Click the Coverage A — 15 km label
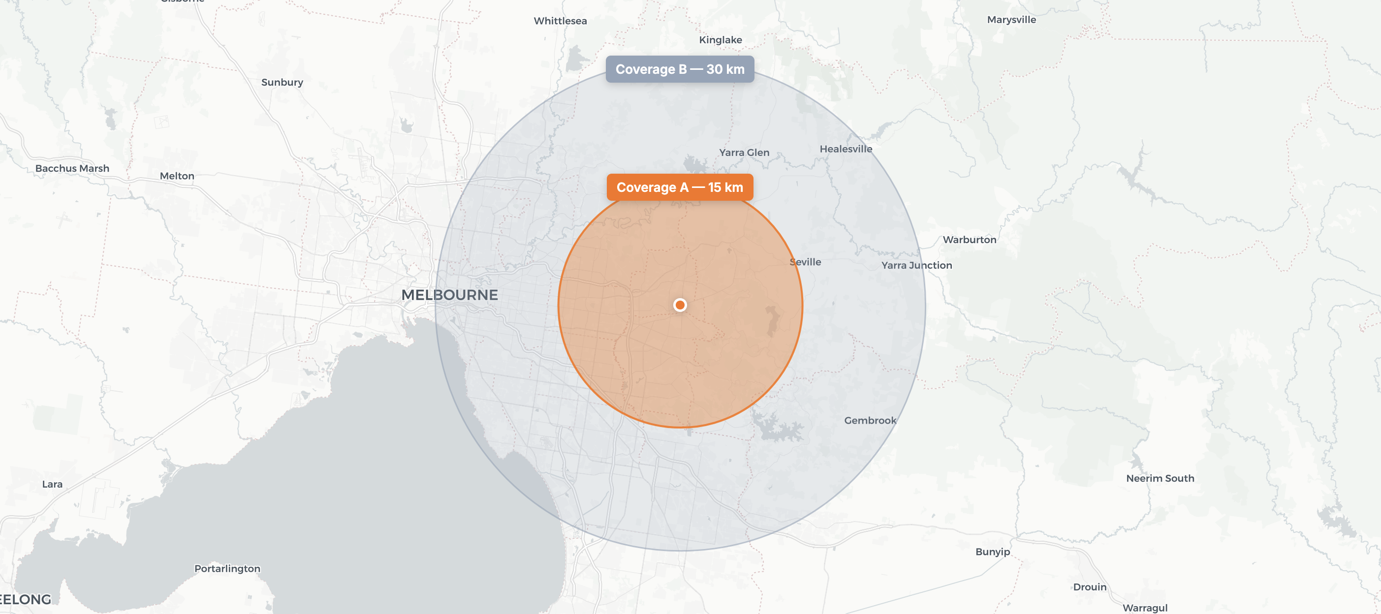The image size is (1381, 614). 680,187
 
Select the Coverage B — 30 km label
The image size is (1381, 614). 680,69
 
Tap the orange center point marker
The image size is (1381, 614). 680,305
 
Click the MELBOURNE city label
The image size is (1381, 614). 449,295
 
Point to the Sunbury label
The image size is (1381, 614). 282,82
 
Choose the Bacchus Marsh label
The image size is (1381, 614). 72,168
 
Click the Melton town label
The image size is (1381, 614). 177,176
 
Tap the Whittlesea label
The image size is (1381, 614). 560,21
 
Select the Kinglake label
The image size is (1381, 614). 720,40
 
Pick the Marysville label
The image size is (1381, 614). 1011,20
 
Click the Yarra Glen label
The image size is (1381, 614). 744,152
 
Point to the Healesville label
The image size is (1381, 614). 846,149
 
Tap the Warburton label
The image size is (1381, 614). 969,240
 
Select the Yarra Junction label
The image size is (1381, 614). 916,265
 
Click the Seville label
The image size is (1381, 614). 805,262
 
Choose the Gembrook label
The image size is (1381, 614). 870,421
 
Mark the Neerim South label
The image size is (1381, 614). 1160,478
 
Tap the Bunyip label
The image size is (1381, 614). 992,552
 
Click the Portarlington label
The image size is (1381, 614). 227,568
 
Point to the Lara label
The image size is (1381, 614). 53,484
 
